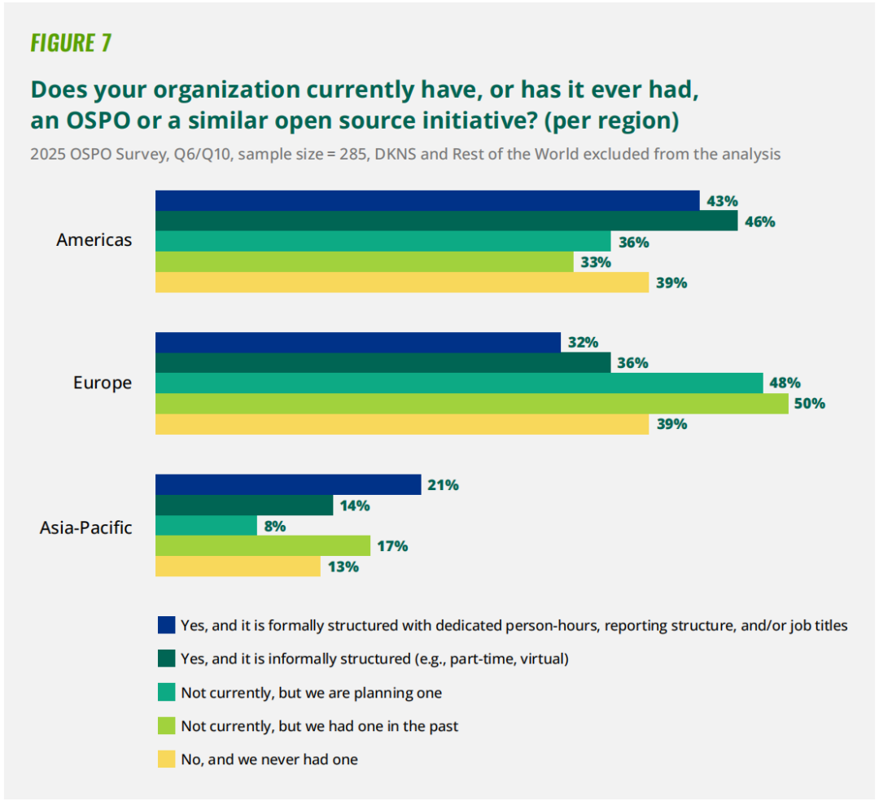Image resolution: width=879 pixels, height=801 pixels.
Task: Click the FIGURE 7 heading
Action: [71, 43]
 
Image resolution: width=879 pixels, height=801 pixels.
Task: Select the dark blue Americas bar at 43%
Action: [427, 201]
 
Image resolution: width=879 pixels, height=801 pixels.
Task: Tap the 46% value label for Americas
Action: [759, 221]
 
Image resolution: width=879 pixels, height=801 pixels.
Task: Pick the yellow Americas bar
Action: [402, 282]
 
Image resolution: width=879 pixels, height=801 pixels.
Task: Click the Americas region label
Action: [94, 240]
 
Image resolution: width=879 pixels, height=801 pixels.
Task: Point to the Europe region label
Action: [103, 383]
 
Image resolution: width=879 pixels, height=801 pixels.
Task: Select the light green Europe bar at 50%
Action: [472, 404]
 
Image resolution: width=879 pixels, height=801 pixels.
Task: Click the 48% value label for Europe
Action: [785, 383]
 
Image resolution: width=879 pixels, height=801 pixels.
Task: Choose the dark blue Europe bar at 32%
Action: [358, 343]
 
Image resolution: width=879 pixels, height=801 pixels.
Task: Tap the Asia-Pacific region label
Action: [86, 527]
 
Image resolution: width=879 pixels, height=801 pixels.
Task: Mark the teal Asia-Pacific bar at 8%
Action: [207, 526]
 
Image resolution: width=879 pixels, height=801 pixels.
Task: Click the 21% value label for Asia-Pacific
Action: [443, 485]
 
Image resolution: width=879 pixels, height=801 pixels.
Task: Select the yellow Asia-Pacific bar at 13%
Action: [238, 567]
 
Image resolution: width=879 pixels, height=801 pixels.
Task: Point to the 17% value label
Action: [392, 546]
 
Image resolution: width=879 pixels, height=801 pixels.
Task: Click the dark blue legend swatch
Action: [167, 625]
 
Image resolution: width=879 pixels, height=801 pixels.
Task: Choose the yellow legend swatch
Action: [167, 759]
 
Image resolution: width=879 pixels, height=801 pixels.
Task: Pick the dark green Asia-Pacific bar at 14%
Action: [244, 506]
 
